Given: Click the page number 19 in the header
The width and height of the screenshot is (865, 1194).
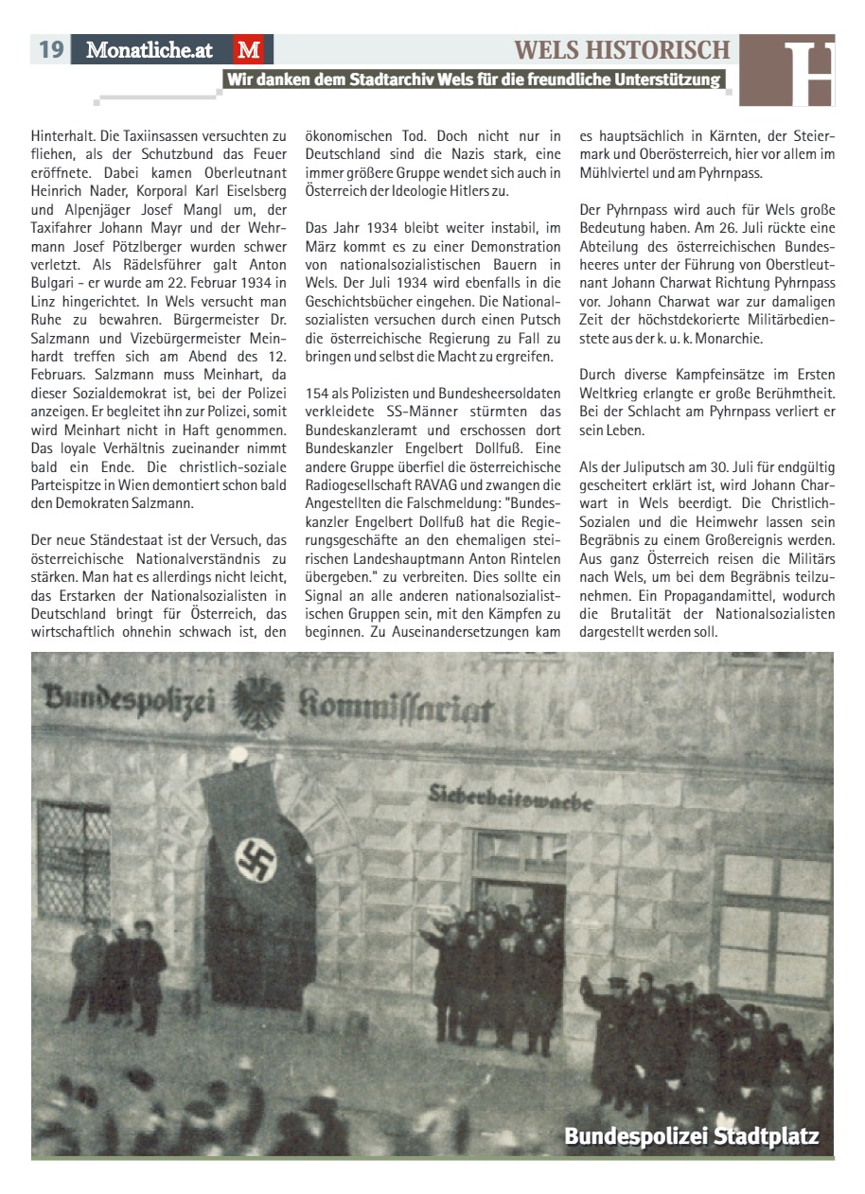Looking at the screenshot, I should pyautogui.click(x=50, y=49).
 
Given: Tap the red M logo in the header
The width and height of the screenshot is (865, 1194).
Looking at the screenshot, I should pyautogui.click(x=248, y=50).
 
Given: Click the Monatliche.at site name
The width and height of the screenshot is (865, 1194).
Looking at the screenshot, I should pyautogui.click(x=150, y=50).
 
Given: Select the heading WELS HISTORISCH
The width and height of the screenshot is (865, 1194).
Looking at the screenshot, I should pyautogui.click(x=622, y=49).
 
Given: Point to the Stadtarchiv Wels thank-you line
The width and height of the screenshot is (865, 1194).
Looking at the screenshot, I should pyautogui.click(x=473, y=79).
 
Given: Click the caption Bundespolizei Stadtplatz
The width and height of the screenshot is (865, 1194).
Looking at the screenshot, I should pyautogui.click(x=691, y=1136).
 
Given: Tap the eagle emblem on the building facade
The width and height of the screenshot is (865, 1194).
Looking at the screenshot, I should pyautogui.click(x=258, y=701).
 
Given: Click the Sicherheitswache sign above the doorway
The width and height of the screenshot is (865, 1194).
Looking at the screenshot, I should pyautogui.click(x=510, y=797).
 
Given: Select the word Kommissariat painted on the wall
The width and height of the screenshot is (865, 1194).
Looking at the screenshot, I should pyautogui.click(x=396, y=706).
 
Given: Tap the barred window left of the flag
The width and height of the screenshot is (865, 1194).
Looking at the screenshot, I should pyautogui.click(x=73, y=860).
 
